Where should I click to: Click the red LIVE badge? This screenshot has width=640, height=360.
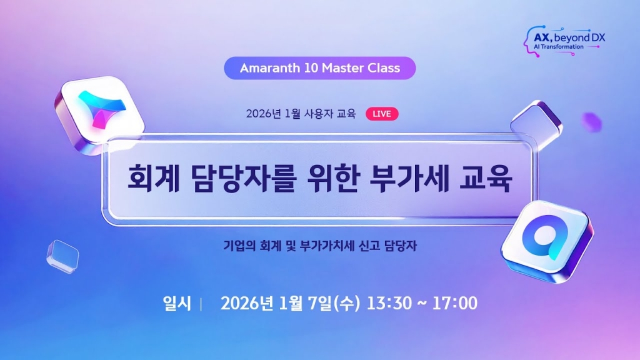click(381, 114)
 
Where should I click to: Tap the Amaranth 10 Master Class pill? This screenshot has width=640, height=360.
click(320, 67)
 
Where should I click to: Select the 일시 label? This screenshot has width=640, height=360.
click(176, 304)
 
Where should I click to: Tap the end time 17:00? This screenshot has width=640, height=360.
click(454, 304)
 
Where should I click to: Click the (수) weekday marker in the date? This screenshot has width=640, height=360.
click(347, 304)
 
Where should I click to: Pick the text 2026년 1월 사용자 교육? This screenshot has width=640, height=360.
click(301, 114)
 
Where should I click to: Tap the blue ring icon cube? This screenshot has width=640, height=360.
click(546, 239)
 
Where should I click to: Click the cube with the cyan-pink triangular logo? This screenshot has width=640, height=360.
click(98, 109)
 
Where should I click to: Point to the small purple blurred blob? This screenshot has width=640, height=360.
click(591, 122)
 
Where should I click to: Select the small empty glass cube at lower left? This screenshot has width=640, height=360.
click(62, 256)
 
